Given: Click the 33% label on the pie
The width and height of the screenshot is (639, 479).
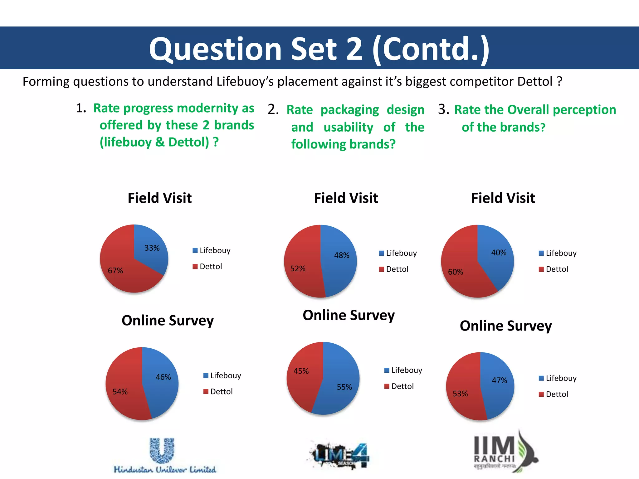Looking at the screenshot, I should click(152, 248).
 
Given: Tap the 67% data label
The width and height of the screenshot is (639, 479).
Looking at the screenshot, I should click(115, 271).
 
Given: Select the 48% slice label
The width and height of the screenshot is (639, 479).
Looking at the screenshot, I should click(342, 255).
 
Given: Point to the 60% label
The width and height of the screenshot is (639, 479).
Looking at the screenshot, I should click(456, 272).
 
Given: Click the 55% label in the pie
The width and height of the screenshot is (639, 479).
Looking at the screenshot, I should click(344, 387).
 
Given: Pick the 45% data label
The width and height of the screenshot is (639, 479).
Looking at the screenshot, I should click(301, 371).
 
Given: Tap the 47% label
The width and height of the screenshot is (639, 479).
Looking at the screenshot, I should click(499, 380).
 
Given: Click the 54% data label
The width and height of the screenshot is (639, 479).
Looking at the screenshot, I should click(120, 392).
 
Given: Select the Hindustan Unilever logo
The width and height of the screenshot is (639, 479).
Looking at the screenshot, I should click(164, 455).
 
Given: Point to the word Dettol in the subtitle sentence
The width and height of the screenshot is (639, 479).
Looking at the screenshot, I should click(535, 82).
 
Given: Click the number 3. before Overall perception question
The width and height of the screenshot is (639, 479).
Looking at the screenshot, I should click(443, 109).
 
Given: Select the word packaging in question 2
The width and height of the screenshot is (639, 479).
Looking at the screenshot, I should click(350, 110).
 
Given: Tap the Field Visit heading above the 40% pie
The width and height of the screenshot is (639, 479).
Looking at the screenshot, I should click(503, 198).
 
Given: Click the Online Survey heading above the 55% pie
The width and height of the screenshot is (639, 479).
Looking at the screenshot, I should click(349, 315).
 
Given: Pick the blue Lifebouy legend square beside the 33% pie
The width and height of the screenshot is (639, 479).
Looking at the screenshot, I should click(195, 250).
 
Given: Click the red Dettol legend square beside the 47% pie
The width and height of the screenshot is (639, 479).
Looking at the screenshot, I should click(541, 394).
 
